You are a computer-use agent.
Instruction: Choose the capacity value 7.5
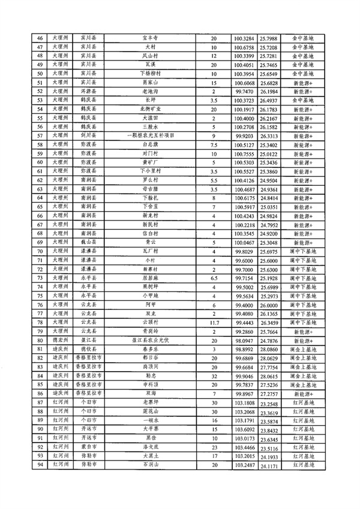(214, 144)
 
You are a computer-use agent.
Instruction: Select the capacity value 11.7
(214, 323)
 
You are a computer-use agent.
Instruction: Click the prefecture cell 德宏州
(62, 340)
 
